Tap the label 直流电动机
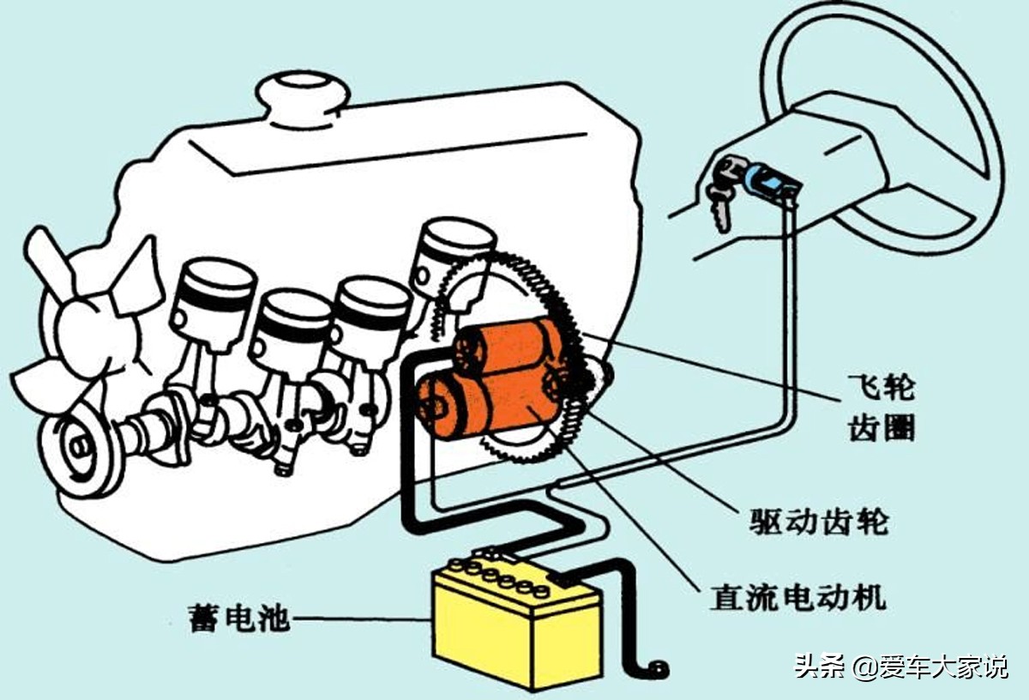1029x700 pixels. click(797, 598)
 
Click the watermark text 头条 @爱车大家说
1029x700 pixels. click(900, 667)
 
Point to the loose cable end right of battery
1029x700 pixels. click(658, 667)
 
